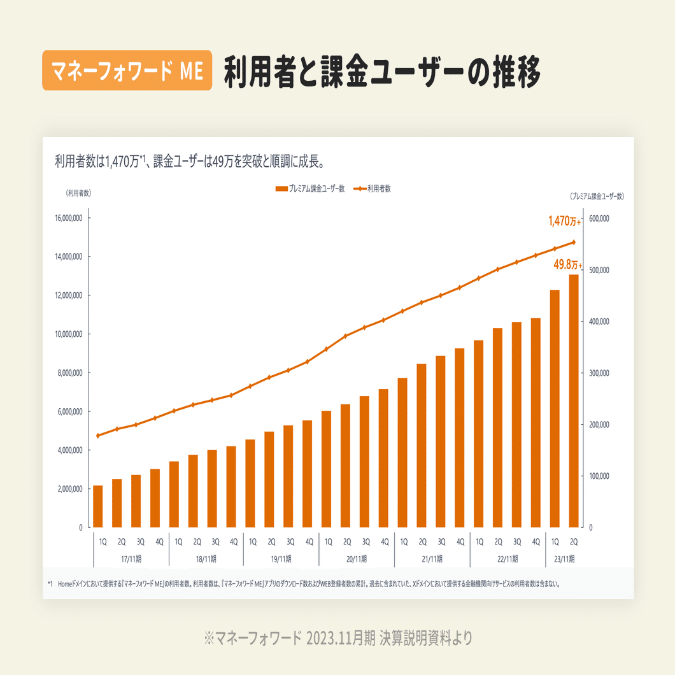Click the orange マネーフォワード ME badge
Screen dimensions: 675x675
pyautogui.click(x=127, y=71)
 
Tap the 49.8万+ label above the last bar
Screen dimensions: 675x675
pyautogui.click(x=567, y=264)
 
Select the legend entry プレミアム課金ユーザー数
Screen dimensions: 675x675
pyautogui.click(x=310, y=188)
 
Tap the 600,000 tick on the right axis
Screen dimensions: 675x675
pyautogui.click(x=599, y=218)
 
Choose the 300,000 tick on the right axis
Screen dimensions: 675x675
pyautogui.click(x=599, y=373)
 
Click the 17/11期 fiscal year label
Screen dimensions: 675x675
pyautogui.click(x=131, y=559)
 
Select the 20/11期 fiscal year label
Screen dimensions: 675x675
pyautogui.click(x=357, y=559)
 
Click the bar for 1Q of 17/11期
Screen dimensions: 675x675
pyautogui.click(x=98, y=506)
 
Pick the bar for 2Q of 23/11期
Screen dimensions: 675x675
pyautogui.click(x=574, y=401)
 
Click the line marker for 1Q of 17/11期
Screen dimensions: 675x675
pyautogui.click(x=98, y=436)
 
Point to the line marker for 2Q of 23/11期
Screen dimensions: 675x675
pyautogui.click(x=574, y=242)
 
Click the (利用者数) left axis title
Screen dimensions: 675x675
pyautogui.click(x=78, y=193)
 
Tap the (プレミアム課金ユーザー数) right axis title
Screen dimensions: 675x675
pyautogui.click(x=597, y=197)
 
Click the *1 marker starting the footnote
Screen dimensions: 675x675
pyautogui.click(x=50, y=583)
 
